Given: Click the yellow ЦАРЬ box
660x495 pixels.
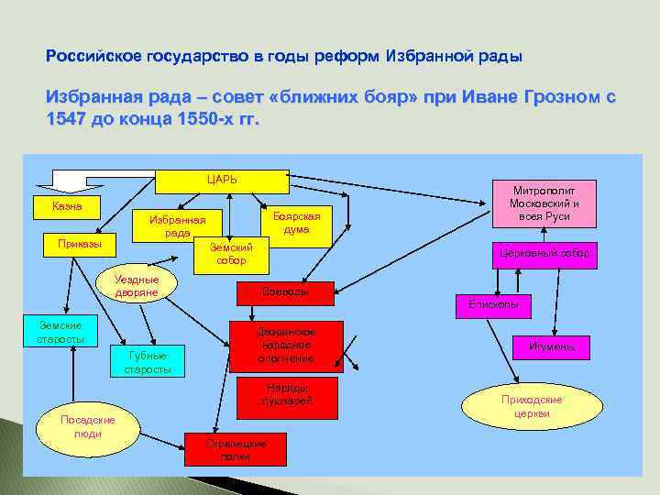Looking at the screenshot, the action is [216, 180].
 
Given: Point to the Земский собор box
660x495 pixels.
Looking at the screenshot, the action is [230, 254].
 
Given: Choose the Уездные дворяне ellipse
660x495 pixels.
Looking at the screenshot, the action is [137, 285].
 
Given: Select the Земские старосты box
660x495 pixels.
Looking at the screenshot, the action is [60, 332].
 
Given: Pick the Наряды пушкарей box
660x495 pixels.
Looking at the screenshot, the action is [288, 393].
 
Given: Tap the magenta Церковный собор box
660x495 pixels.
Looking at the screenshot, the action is [542, 253].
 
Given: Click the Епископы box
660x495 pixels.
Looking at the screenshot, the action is [493, 303].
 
